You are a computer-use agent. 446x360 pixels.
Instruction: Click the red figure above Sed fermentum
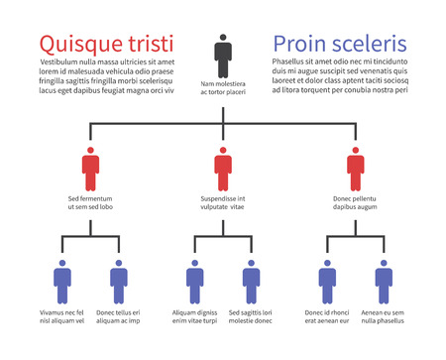coord(90,169)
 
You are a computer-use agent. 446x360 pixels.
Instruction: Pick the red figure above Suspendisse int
coord(223,169)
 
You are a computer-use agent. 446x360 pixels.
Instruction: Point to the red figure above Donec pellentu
coord(356,169)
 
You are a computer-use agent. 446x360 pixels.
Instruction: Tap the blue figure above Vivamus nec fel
coord(62,281)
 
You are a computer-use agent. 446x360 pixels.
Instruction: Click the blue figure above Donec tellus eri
coord(119,281)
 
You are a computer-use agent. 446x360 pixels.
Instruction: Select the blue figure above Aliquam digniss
coord(195,281)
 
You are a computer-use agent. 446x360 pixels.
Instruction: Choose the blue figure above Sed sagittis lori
coord(251,281)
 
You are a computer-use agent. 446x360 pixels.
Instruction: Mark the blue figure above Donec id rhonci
coord(328,281)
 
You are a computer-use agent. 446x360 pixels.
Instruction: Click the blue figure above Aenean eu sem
coord(384,281)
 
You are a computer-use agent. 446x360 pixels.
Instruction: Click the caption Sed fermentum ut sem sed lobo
coord(90,203)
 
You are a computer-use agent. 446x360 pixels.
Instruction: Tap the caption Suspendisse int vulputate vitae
coord(223,203)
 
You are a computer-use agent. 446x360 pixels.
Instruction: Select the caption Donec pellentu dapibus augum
coord(356,203)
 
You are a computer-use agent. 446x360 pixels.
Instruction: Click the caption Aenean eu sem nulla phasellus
coord(384,316)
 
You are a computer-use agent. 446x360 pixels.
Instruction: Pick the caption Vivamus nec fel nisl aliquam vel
coord(62,316)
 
